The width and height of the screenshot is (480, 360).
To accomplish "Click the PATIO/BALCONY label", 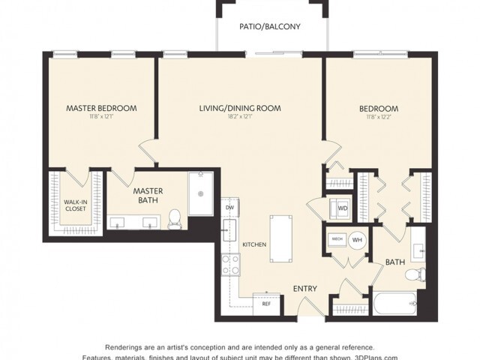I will click(270, 26).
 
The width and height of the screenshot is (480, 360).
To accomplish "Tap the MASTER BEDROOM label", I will click(101, 108).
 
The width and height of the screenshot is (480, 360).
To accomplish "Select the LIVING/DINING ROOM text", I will click(240, 108).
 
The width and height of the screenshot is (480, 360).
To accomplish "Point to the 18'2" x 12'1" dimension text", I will click(240, 117).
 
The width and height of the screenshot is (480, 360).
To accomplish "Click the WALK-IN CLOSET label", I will click(73, 205).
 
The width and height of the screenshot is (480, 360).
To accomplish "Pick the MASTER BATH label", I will click(148, 196).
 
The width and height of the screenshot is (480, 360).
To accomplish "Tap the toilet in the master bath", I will click(175, 217).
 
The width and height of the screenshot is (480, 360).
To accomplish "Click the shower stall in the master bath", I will click(200, 193).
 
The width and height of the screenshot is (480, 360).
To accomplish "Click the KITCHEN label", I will click(253, 244).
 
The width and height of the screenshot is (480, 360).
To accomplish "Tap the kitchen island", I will click(280, 239).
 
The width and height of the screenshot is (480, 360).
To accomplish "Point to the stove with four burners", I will click(229, 264).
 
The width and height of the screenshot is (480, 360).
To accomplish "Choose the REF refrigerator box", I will click(265, 304).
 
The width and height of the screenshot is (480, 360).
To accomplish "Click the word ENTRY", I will click(304, 288).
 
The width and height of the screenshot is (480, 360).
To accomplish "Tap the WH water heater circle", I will click(356, 240).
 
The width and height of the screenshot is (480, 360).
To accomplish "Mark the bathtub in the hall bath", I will click(394, 304).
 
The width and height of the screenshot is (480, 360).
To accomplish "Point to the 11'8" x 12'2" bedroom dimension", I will click(377, 117).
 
